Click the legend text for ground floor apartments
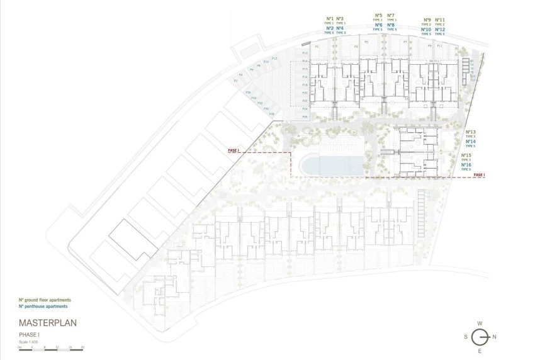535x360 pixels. click(x=45, y=300)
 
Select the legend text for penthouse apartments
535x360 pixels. click(x=43, y=306)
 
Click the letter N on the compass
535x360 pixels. click(x=495, y=337)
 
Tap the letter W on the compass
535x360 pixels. click(x=480, y=323)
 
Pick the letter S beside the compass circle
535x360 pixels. click(x=465, y=337)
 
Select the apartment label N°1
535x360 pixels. click(x=330, y=19)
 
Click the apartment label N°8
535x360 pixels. click(x=391, y=25)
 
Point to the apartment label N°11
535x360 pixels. click(x=439, y=20)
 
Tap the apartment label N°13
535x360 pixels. click(x=470, y=132)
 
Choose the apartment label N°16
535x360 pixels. click(x=466, y=165)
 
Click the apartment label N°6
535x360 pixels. click(x=378, y=25)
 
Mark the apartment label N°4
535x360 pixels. click(x=340, y=28)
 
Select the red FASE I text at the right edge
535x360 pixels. click(x=479, y=174)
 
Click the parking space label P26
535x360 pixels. click(x=305, y=117)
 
